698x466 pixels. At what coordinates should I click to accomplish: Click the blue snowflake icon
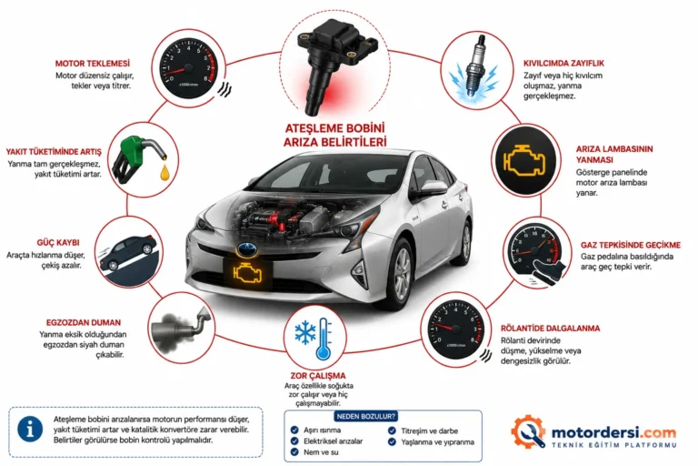305,332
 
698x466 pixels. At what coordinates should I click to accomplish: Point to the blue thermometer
324,339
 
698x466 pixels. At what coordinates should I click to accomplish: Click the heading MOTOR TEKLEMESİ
93,64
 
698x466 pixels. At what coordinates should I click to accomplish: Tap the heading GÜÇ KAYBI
58,243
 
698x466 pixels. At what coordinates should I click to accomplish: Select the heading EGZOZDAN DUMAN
84,322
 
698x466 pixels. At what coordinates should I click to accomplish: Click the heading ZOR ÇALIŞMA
318,376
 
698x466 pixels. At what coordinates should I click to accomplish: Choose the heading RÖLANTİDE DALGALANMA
550,329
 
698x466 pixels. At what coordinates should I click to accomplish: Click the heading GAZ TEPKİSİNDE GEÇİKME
631,245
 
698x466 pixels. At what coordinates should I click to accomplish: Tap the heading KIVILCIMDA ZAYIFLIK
563,64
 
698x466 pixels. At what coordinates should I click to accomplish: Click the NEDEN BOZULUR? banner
366,417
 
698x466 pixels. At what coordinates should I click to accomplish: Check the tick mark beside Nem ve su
294,452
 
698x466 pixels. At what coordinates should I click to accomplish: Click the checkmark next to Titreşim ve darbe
392,431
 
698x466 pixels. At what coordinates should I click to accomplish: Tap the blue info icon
30,430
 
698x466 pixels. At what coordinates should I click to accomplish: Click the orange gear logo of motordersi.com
528,431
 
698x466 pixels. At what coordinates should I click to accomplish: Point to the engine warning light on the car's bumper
246,273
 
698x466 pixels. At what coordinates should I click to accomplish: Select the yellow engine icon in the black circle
524,159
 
